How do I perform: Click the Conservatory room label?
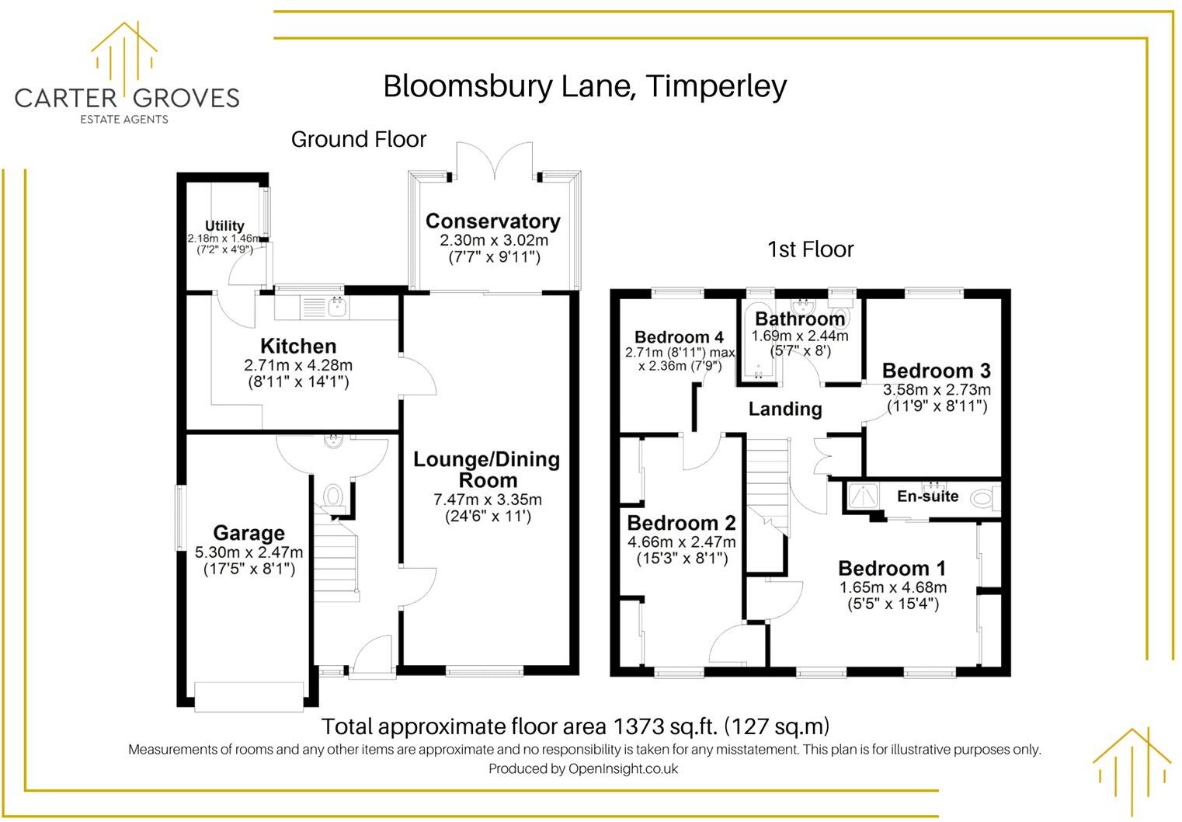[492, 221]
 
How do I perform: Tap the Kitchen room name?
[298, 346]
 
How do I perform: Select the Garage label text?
[249, 533]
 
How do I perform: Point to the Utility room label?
[224, 226]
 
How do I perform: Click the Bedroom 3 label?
[936, 371]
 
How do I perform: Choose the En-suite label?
[927, 496]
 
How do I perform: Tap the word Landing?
[784, 409]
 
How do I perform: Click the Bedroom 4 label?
[679, 337]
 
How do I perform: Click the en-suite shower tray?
[862, 496]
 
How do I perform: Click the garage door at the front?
[249, 696]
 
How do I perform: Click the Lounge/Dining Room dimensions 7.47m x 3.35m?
[487, 500]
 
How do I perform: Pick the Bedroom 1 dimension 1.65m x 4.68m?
[892, 587]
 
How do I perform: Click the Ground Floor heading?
[359, 140]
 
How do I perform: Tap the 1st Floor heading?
[810, 249]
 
